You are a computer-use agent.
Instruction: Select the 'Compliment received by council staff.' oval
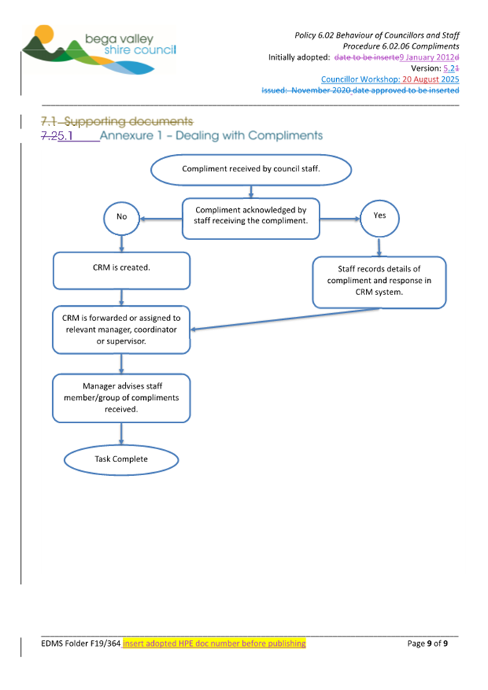point(251,169)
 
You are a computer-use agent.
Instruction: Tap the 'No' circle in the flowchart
point(121,216)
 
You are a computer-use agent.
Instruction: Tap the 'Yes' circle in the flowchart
point(379,216)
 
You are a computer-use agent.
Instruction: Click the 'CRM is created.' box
point(121,270)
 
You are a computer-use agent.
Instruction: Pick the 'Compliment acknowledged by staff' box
point(251,217)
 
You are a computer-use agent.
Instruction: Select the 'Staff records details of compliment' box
point(379,281)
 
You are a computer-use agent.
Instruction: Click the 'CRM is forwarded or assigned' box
point(121,329)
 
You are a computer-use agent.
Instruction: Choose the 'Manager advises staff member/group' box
point(121,397)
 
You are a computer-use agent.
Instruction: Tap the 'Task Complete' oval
point(121,459)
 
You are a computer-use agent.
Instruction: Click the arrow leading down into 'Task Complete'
point(121,433)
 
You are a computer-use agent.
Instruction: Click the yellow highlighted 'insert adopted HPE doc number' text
point(214,643)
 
